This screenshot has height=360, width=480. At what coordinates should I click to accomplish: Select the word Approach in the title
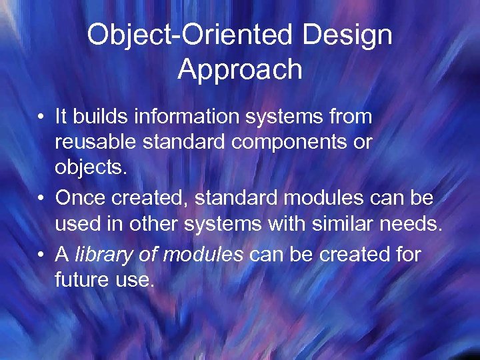pos(240,69)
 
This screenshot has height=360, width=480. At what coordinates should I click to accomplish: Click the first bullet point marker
pos(41,118)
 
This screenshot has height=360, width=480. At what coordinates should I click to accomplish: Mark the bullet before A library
pos(41,254)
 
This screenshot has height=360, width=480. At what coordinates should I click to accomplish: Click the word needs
pos(414,225)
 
